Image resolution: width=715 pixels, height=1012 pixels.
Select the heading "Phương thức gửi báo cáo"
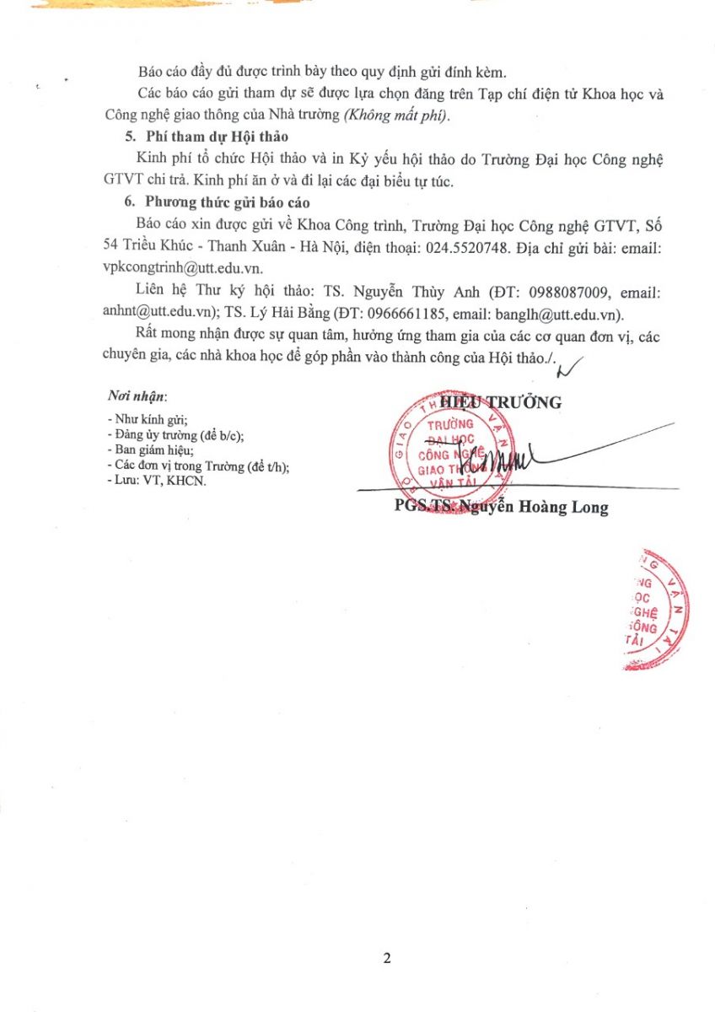coord(228,202)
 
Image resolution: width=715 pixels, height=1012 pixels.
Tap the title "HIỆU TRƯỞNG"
coord(500,403)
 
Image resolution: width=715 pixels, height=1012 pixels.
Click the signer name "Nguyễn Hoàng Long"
coord(548,508)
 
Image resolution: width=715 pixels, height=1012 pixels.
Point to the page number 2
coord(387,958)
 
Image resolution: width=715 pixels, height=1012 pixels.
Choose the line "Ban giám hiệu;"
coord(151,450)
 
